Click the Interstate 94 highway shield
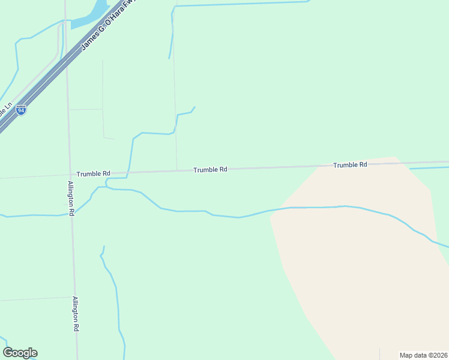pyautogui.click(x=21, y=110)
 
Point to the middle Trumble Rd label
pyautogui.click(x=210, y=170)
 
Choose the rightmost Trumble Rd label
pyautogui.click(x=350, y=164)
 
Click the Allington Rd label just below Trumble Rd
pyautogui.click(x=71, y=198)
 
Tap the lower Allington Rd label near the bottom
pyautogui.click(x=76, y=314)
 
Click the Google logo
pyautogui.click(x=20, y=353)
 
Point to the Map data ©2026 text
pyautogui.click(x=423, y=355)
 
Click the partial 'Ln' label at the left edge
pyautogui.click(x=7, y=110)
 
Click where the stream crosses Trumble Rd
pyautogui.click(x=128, y=173)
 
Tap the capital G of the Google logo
pyautogui.click(x=8, y=353)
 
